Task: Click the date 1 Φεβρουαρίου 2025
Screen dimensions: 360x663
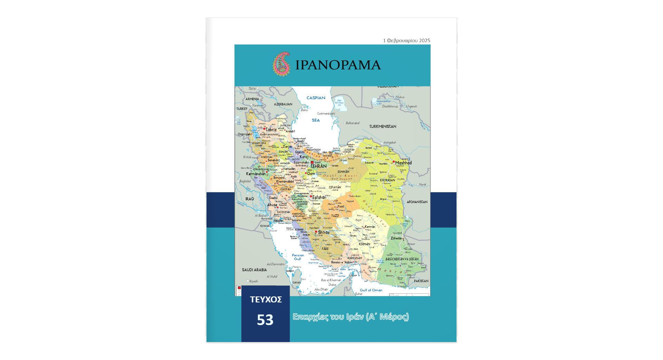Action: (x=406, y=40)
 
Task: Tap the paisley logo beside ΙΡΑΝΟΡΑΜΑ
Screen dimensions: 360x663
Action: (x=281, y=64)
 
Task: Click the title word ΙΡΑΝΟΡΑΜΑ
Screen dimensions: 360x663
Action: (x=338, y=65)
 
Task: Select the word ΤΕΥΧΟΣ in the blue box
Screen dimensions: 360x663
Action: (x=266, y=300)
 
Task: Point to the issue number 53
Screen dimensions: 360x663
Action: (x=265, y=320)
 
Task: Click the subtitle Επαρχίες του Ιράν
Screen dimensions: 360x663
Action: (x=350, y=317)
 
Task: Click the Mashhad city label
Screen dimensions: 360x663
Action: (x=403, y=163)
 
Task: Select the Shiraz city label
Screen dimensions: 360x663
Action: (x=324, y=233)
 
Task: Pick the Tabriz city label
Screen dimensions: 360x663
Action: (x=271, y=130)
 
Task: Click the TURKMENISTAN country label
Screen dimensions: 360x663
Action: (x=383, y=126)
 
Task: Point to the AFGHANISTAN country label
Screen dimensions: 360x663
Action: (x=417, y=202)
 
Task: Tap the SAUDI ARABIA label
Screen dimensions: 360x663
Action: (x=254, y=270)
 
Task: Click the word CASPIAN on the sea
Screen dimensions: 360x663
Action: (x=316, y=98)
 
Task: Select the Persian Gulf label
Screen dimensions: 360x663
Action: (x=298, y=257)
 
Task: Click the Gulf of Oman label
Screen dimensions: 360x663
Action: (x=371, y=290)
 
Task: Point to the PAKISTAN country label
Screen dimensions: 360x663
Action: (x=421, y=281)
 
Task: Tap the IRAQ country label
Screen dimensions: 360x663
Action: (x=249, y=199)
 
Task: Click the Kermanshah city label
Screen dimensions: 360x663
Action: (x=256, y=174)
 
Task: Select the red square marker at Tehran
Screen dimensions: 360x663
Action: (x=312, y=162)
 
